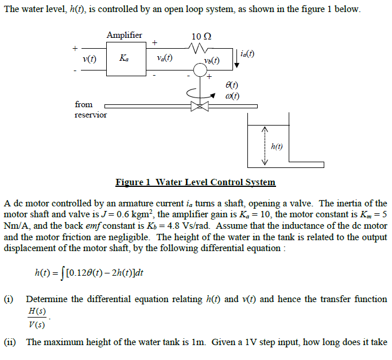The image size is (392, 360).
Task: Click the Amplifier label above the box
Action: coord(124,35)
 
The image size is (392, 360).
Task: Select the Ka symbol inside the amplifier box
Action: coord(124,58)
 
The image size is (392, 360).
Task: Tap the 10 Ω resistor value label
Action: coord(201,36)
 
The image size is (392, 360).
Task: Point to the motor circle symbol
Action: coord(200,71)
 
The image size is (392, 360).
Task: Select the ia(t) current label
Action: coord(247,54)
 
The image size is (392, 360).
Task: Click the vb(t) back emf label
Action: coord(211,61)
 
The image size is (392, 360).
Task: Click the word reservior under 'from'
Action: coord(91,115)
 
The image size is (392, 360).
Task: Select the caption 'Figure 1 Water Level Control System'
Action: coord(195,182)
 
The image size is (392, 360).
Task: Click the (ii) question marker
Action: coord(11,342)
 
